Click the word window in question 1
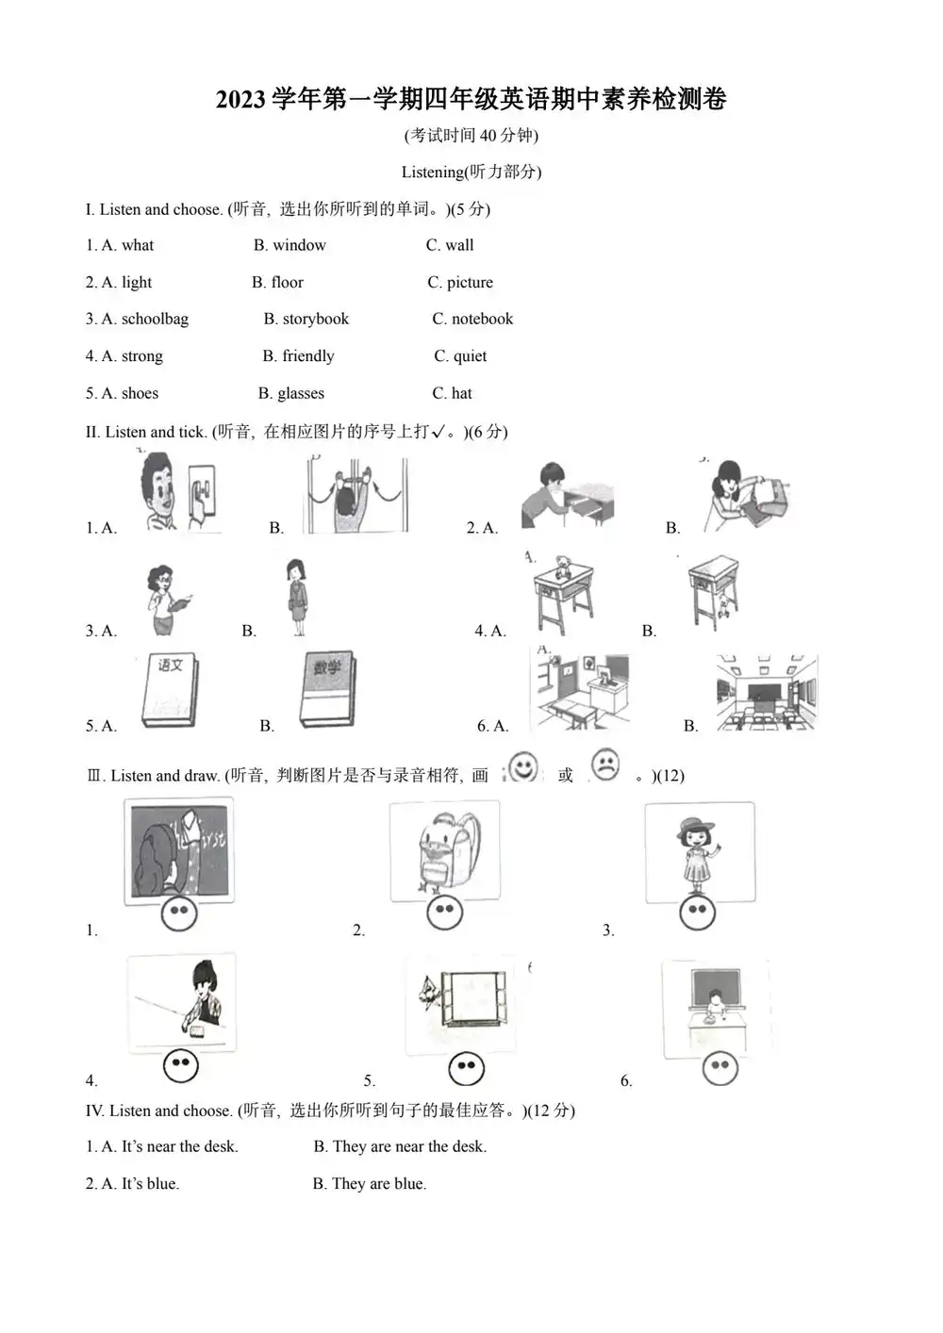coord(299,245)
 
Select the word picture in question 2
coord(470,282)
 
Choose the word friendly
coord(307,356)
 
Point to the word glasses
coord(300,393)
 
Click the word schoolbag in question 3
coord(155,319)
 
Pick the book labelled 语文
coord(170,691)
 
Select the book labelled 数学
coord(327,689)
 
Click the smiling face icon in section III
coord(522,766)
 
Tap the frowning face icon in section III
coord(605,765)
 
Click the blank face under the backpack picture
coord(445,912)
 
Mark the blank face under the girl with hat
coord(697,912)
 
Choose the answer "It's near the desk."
coord(179,1146)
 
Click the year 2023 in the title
coord(241,99)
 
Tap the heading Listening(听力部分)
coord(471,172)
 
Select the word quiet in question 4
coord(470,356)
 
